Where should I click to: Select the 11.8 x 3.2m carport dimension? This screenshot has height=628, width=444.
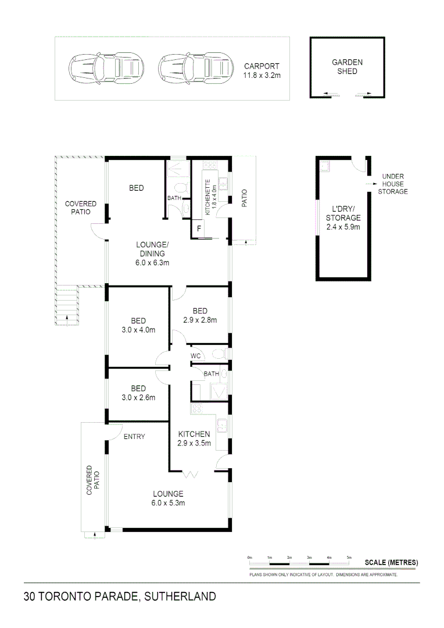coord(262,75)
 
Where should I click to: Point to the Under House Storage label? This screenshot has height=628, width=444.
coord(393,184)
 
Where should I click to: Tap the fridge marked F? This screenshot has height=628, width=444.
coord(199,229)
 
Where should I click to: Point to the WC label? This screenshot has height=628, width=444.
coord(196,356)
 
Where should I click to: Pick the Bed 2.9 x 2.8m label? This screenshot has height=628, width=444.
coord(200,320)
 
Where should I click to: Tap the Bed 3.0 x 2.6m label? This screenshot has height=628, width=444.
coord(138,398)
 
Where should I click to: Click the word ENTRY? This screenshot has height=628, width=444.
coord(134,436)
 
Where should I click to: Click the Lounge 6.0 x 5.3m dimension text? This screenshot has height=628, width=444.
coord(169,503)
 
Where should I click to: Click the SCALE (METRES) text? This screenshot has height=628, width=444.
coord(391,562)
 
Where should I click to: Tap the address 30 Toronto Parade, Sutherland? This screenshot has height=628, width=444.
coord(120,596)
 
